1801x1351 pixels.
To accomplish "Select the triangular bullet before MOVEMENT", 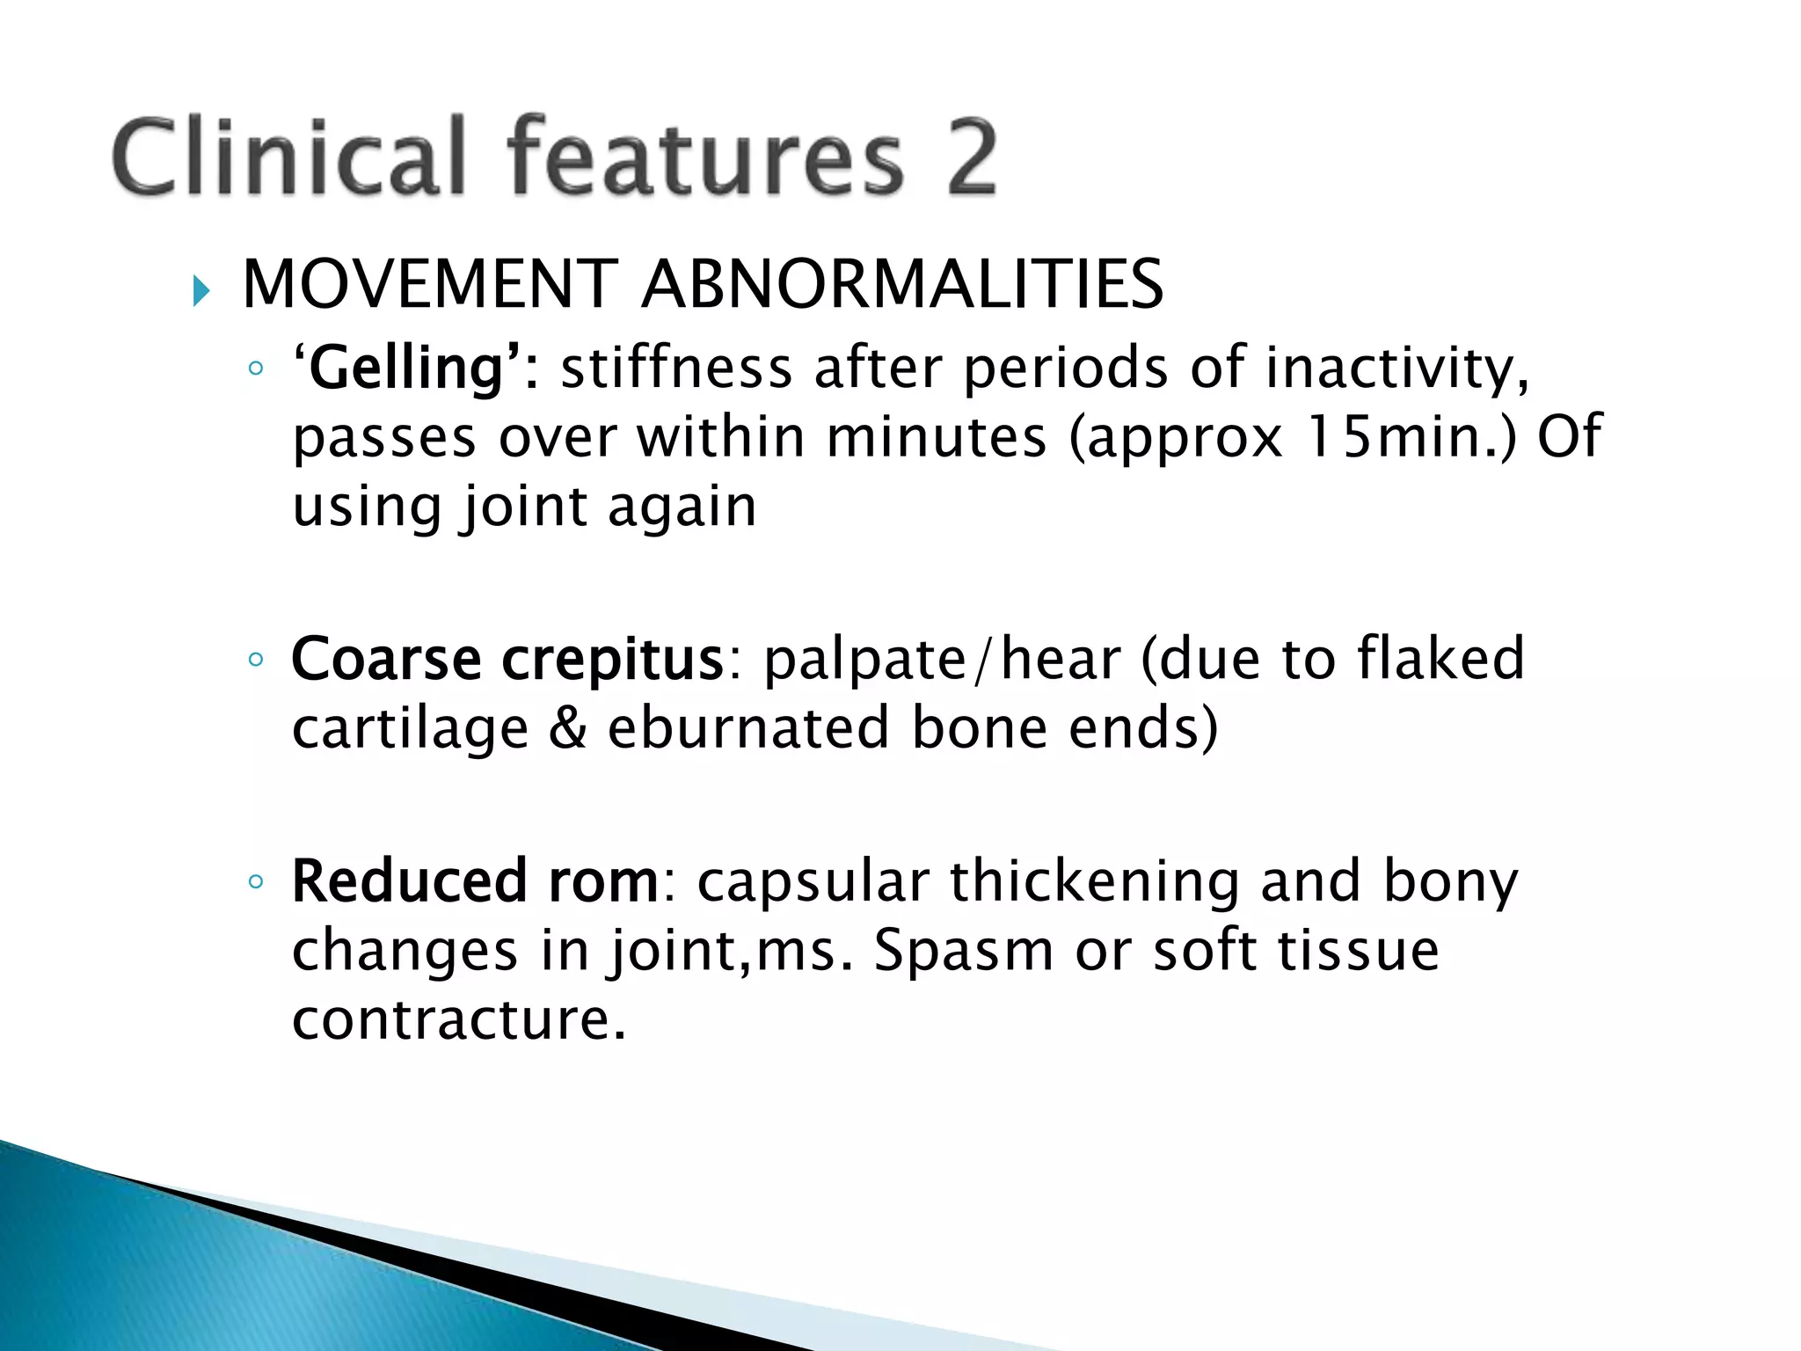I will point(201,291).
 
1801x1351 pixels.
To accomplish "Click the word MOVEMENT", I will point(430,285).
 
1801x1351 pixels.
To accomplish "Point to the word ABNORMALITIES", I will point(902,285).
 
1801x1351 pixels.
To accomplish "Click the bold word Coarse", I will point(386,659).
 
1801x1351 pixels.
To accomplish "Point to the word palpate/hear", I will point(942,661).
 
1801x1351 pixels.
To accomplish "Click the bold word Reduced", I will point(410,881).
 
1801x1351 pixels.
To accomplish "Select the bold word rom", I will point(603,883).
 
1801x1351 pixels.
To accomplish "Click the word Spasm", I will point(963,952).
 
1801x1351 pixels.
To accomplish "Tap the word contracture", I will point(458,1020).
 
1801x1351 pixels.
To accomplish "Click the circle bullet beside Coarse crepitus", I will point(256,660).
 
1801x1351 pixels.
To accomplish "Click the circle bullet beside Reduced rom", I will point(256,882).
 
